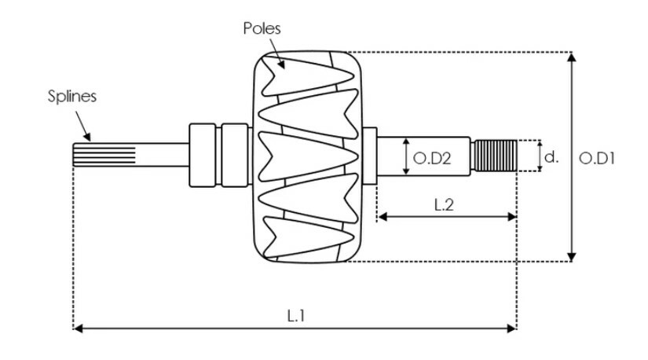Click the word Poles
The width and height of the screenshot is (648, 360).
[262, 28]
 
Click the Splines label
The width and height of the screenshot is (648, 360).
[72, 96]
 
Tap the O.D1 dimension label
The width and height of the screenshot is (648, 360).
[597, 158]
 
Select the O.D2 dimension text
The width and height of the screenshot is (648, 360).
[432, 158]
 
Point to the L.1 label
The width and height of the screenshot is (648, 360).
[296, 316]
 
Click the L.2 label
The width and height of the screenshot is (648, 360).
[444, 204]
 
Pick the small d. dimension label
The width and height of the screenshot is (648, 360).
[551, 157]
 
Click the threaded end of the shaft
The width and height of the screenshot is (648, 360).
[495, 156]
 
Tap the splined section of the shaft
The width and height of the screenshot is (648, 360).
[104, 155]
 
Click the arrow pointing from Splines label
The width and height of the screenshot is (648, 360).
[82, 127]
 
